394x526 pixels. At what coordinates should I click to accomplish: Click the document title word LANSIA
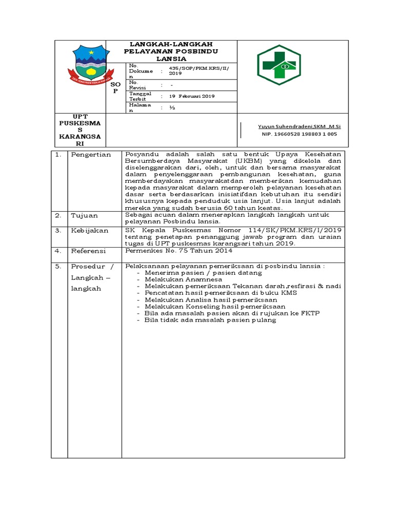pyautogui.click(x=171, y=59)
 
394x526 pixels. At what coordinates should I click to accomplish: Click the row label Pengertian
pyautogui.click(x=91, y=155)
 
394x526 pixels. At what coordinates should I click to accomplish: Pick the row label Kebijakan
pyautogui.click(x=90, y=231)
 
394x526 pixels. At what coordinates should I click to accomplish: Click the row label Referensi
pyautogui.click(x=88, y=251)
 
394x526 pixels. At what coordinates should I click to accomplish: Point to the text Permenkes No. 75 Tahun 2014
pyautogui.click(x=179, y=251)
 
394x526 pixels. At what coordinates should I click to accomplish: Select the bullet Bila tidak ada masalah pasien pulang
pyautogui.click(x=210, y=320)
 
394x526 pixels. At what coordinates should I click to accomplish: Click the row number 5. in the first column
pyautogui.click(x=58, y=267)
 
